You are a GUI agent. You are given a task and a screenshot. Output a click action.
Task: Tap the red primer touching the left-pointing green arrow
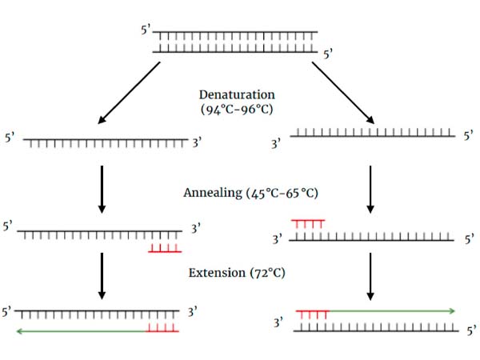pos(162,328)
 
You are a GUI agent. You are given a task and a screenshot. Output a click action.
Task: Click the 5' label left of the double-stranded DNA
pos(145,33)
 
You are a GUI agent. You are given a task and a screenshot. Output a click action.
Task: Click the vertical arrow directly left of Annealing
pos(102,190)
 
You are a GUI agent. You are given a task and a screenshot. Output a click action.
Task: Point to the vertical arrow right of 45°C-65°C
pos(370,190)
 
